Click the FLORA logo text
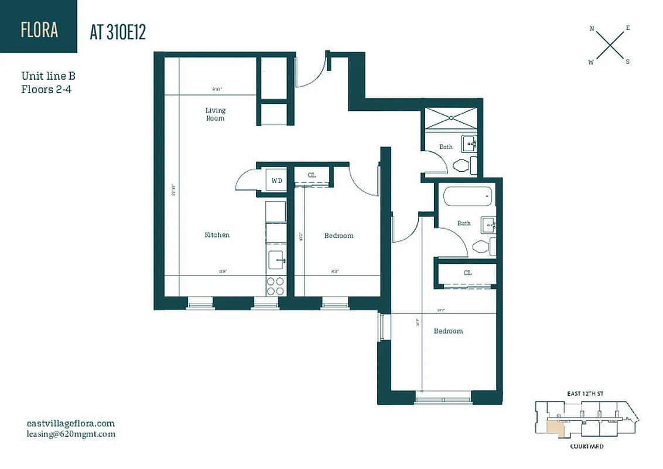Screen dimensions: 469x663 [x=39, y=29]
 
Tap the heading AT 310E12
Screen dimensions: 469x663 [x=118, y=32]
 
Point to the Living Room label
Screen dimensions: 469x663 [x=215, y=114]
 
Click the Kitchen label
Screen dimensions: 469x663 [x=217, y=235]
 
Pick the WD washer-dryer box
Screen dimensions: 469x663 [x=276, y=181]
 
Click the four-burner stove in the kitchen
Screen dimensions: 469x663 [x=275, y=286]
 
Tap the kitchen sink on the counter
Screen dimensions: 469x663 [x=275, y=259]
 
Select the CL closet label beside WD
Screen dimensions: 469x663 [x=312, y=175]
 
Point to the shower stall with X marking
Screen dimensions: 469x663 [x=452, y=117]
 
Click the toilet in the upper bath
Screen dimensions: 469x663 [x=462, y=165]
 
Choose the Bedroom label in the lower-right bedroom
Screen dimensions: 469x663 [x=448, y=331]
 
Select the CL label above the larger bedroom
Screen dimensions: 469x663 [x=467, y=273]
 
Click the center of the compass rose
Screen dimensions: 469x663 [x=610, y=45]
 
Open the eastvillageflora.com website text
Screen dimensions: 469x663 [x=71, y=423]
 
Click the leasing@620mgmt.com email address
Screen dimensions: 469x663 [x=71, y=434]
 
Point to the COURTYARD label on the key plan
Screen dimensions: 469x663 [x=586, y=446]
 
